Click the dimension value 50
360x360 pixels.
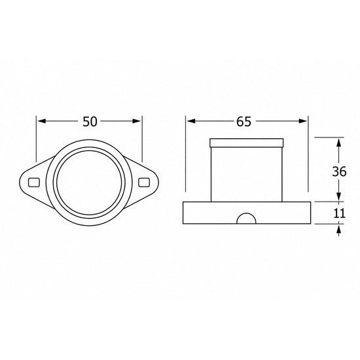click(x=90, y=122)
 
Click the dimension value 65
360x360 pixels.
click(x=244, y=122)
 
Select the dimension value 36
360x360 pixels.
click(x=339, y=171)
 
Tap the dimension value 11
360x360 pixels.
click(x=339, y=213)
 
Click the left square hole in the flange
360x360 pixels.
click(x=34, y=183)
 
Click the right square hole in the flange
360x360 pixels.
click(x=144, y=183)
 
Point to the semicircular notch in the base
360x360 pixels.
click(x=246, y=219)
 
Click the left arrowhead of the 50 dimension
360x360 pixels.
click(x=41, y=121)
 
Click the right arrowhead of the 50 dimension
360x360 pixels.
click(x=136, y=121)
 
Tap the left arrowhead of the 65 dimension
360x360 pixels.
click(x=191, y=121)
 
